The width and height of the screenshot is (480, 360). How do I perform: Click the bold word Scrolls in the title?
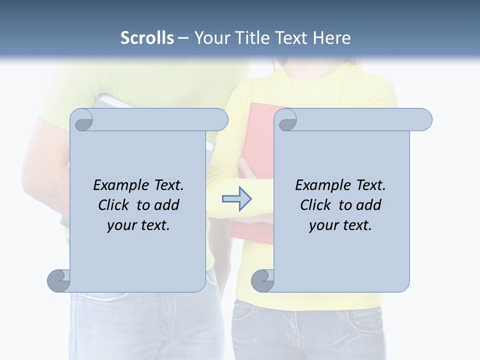pyautogui.click(x=147, y=37)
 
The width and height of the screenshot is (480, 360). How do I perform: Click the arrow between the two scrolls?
pyautogui.click(x=236, y=199)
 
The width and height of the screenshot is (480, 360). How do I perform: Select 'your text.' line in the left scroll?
pyautogui.click(x=138, y=225)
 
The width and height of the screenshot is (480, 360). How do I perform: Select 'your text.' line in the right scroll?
pyautogui.click(x=340, y=225)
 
